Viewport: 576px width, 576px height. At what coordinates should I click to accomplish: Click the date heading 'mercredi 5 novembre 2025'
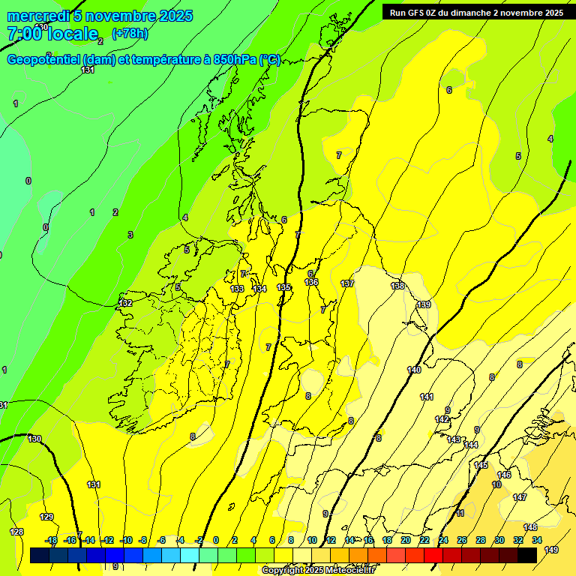pos(100,16)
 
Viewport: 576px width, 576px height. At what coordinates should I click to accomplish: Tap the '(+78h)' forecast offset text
pos(130,33)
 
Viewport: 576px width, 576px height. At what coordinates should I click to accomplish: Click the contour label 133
pos(237,289)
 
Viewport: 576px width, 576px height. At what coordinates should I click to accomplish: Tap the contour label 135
pos(283,287)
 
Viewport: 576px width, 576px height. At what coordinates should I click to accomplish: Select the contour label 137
pos(347,283)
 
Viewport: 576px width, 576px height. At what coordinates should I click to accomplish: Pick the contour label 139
pos(424,304)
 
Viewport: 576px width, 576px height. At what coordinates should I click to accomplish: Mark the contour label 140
pos(414,370)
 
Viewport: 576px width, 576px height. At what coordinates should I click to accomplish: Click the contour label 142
pos(442,419)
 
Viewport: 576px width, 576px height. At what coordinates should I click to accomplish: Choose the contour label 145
pos(481,465)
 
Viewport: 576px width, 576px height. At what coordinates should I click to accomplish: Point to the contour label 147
pos(520,497)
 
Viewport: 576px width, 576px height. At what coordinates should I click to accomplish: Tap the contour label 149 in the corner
pos(551,550)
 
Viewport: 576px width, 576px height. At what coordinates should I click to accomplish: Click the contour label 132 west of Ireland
pos(126,303)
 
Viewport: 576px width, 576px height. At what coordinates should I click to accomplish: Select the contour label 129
pos(46,517)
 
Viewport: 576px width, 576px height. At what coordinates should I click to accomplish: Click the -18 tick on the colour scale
pos(52,540)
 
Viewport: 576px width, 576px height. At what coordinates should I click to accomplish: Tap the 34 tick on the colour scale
pos(537,540)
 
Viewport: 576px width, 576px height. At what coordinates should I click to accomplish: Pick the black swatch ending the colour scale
pos(527,555)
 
